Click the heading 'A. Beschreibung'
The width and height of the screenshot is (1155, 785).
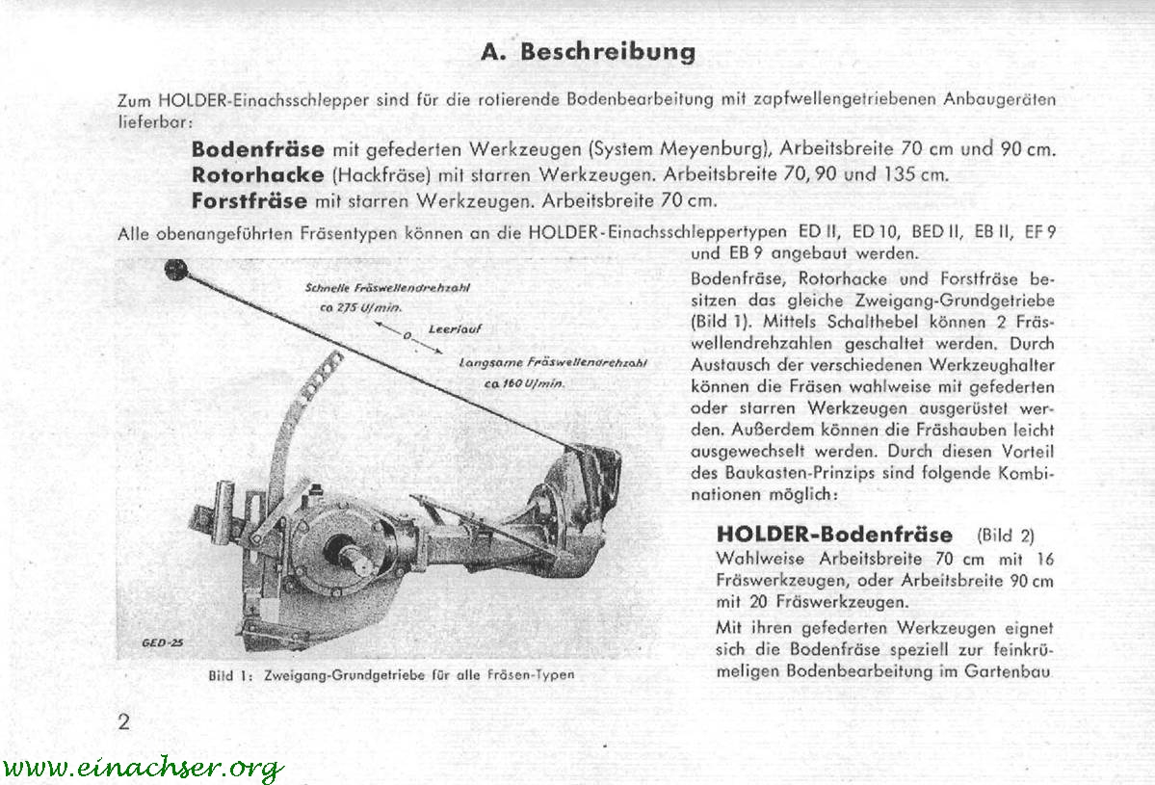tap(587, 51)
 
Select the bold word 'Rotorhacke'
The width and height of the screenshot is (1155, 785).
tap(258, 175)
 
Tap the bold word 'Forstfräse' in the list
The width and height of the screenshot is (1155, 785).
tap(249, 201)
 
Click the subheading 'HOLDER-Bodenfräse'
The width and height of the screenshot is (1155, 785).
tap(834, 535)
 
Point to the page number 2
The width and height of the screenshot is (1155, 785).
tap(123, 721)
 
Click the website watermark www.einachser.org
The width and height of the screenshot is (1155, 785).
tap(143, 768)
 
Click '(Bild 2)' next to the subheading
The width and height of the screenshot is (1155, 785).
tap(1006, 536)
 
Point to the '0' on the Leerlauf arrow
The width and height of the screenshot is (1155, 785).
tap(407, 336)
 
